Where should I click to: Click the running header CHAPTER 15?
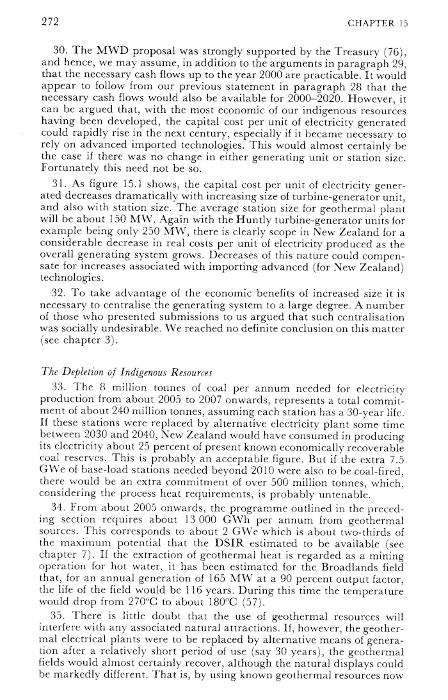pyautogui.click(x=377, y=22)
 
